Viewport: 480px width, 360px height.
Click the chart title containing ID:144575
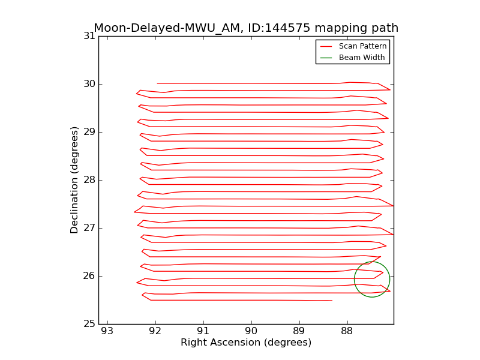pyautogui.click(x=246, y=28)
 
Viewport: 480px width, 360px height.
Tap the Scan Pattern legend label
pyautogui.click(x=362, y=46)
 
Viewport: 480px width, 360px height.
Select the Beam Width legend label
pyautogui.click(x=362, y=58)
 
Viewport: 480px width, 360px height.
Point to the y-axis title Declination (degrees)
pyautogui.click(x=74, y=179)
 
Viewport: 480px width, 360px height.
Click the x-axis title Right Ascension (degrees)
pyautogui.click(x=246, y=343)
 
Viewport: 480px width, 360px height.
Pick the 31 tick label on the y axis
pyautogui.click(x=89, y=36)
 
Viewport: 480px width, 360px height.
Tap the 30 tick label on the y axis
pyautogui.click(x=89, y=84)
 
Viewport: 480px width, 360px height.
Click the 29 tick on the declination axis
pyautogui.click(x=89, y=132)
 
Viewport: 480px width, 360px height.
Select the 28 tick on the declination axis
pyautogui.click(x=89, y=180)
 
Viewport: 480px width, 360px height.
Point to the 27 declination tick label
pyautogui.click(x=89, y=228)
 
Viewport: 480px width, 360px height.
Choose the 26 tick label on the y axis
pyautogui.click(x=89, y=276)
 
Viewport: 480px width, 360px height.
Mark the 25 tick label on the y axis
pyautogui.click(x=89, y=324)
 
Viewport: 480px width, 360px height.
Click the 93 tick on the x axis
pyautogui.click(x=107, y=331)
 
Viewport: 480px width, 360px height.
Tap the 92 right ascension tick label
pyautogui.click(x=155, y=331)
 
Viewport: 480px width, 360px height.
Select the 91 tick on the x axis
pyautogui.click(x=203, y=331)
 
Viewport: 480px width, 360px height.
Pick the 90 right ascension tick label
pyautogui.click(x=251, y=331)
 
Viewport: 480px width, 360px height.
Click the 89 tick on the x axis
pyautogui.click(x=299, y=331)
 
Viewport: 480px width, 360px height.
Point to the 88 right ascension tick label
pyautogui.click(x=347, y=331)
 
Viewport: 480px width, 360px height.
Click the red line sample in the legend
pyautogui.click(x=326, y=46)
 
